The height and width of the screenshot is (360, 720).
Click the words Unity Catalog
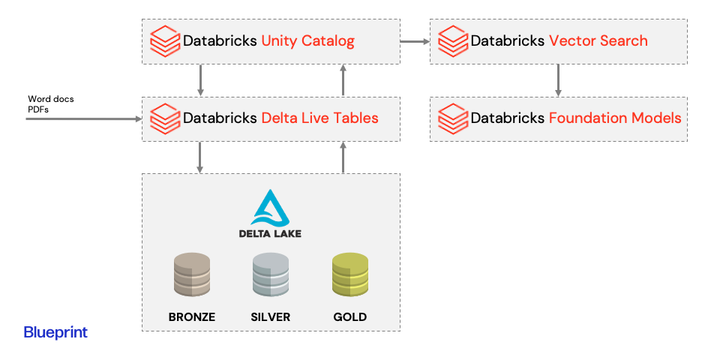307,41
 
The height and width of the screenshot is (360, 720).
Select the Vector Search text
598,40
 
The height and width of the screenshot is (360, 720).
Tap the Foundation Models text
615,118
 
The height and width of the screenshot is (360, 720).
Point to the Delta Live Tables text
319,118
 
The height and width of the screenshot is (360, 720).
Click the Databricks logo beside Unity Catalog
164,41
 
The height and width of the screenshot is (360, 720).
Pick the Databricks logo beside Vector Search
453,41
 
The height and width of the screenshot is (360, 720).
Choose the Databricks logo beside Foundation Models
453,118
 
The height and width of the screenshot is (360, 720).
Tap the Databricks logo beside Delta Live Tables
164,118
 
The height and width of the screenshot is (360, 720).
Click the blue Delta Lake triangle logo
271,208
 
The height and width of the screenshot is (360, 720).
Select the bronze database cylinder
192,274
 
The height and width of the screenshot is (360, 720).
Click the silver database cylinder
271,274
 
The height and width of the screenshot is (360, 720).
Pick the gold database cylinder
350,274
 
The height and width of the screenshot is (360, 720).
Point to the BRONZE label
192,317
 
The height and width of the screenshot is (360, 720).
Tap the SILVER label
271,317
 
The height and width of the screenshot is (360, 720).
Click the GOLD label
350,317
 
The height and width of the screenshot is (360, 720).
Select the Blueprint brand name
55,333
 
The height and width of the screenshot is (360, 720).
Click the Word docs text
50,99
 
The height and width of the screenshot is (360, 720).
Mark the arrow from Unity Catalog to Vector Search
415,42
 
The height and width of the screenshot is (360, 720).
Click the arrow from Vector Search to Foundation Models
558,80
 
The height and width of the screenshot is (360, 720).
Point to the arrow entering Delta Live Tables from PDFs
84,119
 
